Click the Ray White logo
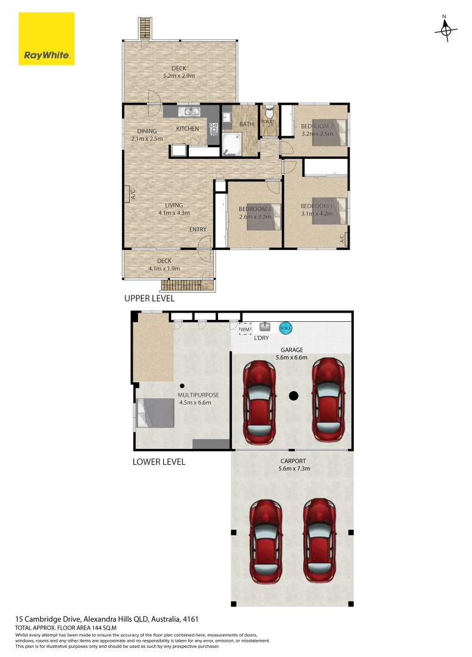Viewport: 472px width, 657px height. [x=46, y=38]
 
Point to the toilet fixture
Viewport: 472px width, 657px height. [x=269, y=112]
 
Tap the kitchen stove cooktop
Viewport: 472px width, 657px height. [x=214, y=128]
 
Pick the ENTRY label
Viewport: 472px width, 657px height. [x=197, y=229]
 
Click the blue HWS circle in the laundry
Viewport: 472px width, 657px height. [x=286, y=328]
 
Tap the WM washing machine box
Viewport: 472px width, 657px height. [x=245, y=329]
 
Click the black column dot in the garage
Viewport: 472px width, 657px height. [x=293, y=396]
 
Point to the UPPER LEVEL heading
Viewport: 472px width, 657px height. [x=149, y=298]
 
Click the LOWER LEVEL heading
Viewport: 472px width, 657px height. [x=158, y=462]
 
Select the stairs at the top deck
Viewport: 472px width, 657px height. [x=144, y=28]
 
